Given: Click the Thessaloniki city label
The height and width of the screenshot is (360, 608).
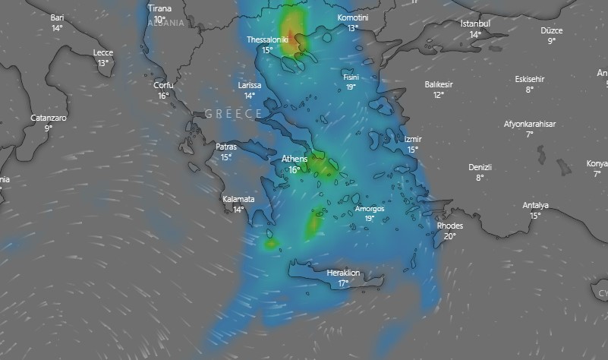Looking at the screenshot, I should [267, 39].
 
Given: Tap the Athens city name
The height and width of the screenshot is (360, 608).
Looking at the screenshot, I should [295, 159].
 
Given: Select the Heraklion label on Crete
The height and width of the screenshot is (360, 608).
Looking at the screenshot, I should [343, 273].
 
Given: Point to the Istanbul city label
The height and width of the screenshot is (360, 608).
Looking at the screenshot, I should [475, 24].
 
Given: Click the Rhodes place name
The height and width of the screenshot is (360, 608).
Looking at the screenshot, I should [450, 226].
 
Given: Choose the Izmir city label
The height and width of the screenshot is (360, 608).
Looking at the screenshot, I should [412, 140].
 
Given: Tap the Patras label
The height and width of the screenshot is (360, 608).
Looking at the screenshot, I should [226, 147].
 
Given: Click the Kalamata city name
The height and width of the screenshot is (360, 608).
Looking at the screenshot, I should [238, 199].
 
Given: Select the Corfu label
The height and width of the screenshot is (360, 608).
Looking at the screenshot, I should [163, 85].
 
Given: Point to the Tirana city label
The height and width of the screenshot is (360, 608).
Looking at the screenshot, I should [159, 8].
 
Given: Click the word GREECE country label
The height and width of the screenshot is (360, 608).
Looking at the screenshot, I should [233, 114].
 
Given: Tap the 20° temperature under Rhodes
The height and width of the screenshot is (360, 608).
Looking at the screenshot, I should [450, 236].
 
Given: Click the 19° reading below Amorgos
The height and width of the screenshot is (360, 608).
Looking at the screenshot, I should [370, 219].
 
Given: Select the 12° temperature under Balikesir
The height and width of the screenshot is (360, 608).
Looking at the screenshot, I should [439, 95].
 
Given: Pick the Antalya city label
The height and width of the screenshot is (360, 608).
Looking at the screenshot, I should [535, 205].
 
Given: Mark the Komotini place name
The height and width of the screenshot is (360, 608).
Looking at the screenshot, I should [353, 17].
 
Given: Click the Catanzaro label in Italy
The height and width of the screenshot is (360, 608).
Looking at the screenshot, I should [48, 118].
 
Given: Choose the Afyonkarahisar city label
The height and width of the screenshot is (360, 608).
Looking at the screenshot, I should [530, 123].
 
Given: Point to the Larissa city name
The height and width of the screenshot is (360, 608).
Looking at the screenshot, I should [249, 85].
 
